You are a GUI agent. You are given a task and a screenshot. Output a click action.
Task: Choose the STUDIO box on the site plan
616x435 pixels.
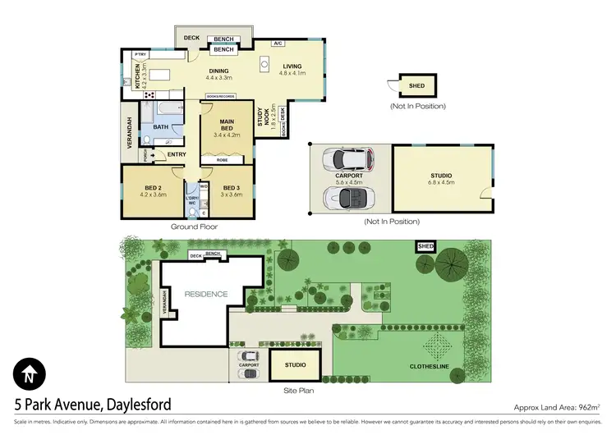pyautogui.click(x=295, y=364)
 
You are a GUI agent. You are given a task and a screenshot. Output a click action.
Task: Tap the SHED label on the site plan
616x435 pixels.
pyautogui.click(x=425, y=246)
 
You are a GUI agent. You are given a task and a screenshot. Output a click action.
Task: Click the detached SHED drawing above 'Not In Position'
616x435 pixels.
pyautogui.click(x=416, y=85)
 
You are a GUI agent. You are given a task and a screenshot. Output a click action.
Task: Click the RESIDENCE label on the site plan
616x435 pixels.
pyautogui.click(x=205, y=293)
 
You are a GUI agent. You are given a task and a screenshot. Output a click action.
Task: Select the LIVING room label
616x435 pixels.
pyautogui.click(x=292, y=69)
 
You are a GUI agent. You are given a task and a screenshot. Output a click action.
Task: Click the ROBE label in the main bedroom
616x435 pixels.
pyautogui.click(x=222, y=160)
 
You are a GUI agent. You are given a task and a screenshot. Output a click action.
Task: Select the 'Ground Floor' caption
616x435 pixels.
pyautogui.click(x=195, y=226)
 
